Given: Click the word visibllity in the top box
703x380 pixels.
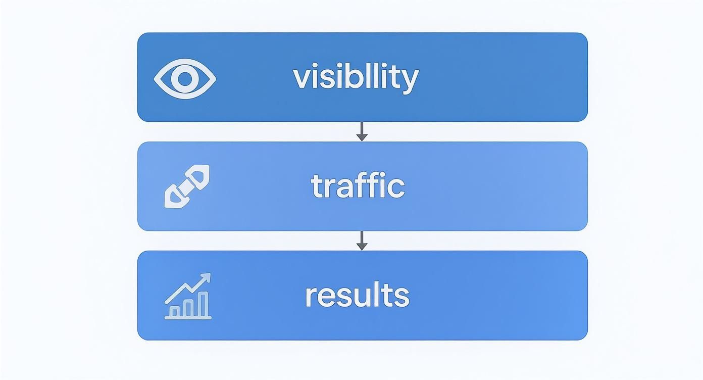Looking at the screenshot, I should [356, 77].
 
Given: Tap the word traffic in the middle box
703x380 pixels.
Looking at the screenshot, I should [358, 186].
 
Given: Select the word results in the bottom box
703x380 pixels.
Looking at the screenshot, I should [357, 296].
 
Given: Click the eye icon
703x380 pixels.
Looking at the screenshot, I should [185, 78].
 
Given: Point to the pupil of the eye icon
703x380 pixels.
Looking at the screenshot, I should [185, 78].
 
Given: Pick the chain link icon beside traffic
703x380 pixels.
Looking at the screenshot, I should [187, 186].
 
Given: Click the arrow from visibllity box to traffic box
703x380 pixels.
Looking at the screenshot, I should [362, 131].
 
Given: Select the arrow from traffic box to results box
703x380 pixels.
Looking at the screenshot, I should [362, 241].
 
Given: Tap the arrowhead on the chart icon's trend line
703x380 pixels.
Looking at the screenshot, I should [206, 277].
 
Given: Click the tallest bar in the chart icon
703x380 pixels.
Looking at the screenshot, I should [203, 304].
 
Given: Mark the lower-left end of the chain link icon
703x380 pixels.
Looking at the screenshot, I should [173, 198].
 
